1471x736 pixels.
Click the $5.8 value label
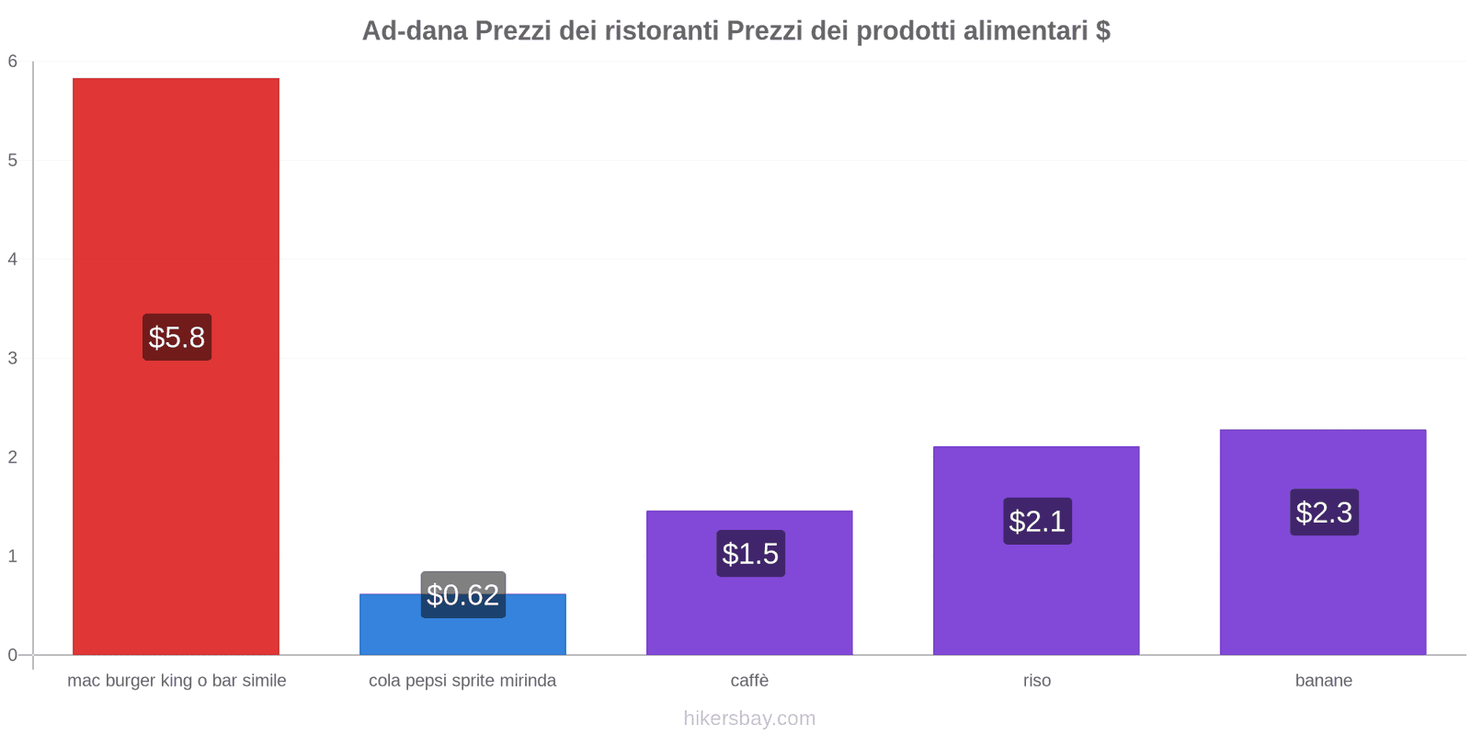pyautogui.click(x=177, y=337)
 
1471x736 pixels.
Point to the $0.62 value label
pyautogui.click(x=462, y=594)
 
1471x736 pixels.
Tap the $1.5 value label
pyautogui.click(x=750, y=553)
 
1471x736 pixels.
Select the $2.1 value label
pyautogui.click(x=1037, y=521)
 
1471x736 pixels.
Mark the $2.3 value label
pyautogui.click(x=1324, y=512)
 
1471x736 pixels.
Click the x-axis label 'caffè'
pyautogui.click(x=749, y=681)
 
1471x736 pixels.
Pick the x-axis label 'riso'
pyautogui.click(x=1036, y=681)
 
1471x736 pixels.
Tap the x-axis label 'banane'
pyautogui.click(x=1323, y=681)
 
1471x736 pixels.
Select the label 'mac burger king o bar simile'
pyautogui.click(x=177, y=681)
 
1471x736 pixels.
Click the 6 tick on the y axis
pyautogui.click(x=13, y=62)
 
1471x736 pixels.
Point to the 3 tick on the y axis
pyautogui.click(x=13, y=358)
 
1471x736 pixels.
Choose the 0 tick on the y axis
pyautogui.click(x=13, y=655)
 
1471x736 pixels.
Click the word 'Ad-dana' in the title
pyautogui.click(x=414, y=30)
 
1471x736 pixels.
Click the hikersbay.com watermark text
pyautogui.click(x=749, y=718)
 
